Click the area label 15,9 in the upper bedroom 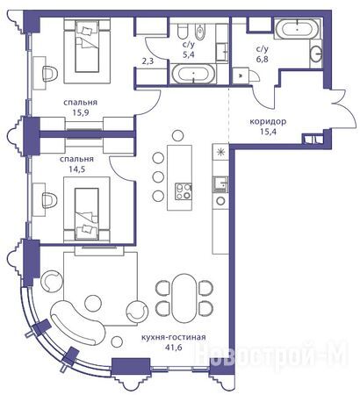[81, 112]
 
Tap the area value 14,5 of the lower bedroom [76, 169]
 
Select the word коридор [268, 121]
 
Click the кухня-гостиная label [174, 337]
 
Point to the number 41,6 [173, 348]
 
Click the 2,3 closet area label [146, 62]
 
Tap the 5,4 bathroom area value [189, 54]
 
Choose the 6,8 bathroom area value [262, 59]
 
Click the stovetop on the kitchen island [184, 191]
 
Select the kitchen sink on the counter [220, 184]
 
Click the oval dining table [184, 298]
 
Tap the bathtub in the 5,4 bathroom [193, 74]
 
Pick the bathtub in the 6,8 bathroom [298, 29]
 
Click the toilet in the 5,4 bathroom [184, 31]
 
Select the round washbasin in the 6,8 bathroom [316, 54]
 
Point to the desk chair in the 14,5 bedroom [50, 200]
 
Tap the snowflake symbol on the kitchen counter [220, 152]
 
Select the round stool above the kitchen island [177, 136]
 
